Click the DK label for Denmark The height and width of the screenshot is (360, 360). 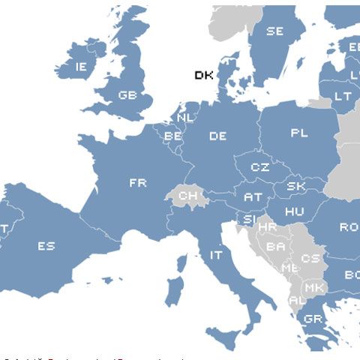203,75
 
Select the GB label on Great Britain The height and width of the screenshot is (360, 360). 127,96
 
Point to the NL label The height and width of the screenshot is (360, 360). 185,118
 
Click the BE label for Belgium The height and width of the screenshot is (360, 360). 173,136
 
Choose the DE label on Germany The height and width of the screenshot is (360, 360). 217,136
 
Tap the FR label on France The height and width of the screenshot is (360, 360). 137,182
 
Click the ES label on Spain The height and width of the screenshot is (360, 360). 46,245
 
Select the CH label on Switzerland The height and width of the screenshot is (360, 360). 187,196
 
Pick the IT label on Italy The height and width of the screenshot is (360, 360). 216,255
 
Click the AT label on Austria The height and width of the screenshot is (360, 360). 253,197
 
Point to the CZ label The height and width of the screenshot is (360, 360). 259,167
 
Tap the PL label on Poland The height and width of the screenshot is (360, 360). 299,133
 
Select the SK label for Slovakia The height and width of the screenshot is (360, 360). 295,186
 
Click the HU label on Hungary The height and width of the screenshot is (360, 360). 294,212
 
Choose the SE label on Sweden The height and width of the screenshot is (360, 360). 274,31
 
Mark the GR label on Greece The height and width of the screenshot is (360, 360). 313,319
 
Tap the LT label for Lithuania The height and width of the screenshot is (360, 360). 342,96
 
